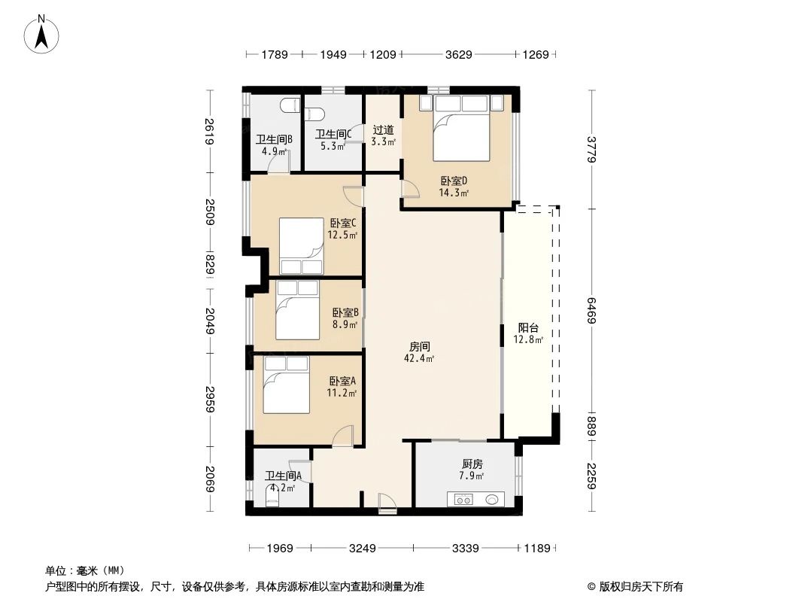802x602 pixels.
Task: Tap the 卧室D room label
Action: pyautogui.click(x=454, y=181)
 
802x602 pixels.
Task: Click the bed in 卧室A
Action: pyautogui.click(x=286, y=385)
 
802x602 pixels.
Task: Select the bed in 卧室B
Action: pyautogui.click(x=296, y=310)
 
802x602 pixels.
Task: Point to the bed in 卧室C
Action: pyautogui.click(x=302, y=246)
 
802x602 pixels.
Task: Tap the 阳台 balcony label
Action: pyautogui.click(x=528, y=328)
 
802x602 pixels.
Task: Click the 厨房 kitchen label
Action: pyautogui.click(x=472, y=465)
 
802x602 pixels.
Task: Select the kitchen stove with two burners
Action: pyautogui.click(x=460, y=498)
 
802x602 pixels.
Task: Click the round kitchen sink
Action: pyautogui.click(x=494, y=498)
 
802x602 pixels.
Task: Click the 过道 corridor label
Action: pyautogui.click(x=383, y=130)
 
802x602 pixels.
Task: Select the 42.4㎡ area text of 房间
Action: pyautogui.click(x=419, y=359)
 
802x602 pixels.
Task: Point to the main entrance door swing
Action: pyautogui.click(x=387, y=502)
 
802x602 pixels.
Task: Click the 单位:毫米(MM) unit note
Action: pyautogui.click(x=84, y=570)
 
